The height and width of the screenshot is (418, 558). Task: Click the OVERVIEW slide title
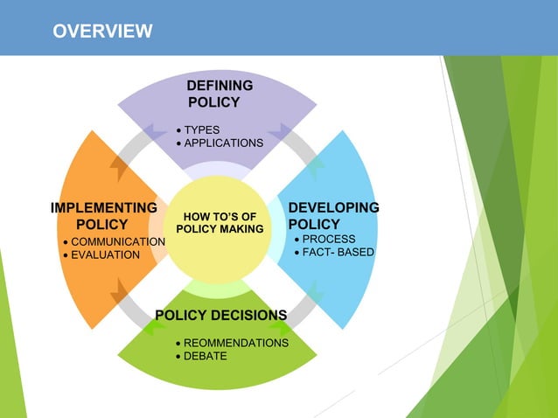(102, 32)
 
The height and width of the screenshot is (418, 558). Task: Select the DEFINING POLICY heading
(219, 94)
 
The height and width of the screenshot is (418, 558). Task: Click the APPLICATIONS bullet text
(223, 143)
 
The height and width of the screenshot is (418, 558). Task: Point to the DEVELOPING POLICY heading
(333, 216)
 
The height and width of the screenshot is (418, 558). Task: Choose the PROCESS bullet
(328, 238)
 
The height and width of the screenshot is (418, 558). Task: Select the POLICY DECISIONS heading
(220, 315)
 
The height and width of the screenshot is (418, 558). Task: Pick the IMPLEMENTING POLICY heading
(103, 216)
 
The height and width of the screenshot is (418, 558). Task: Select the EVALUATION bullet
(104, 254)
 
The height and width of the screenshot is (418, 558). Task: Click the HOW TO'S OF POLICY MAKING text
(220, 222)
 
